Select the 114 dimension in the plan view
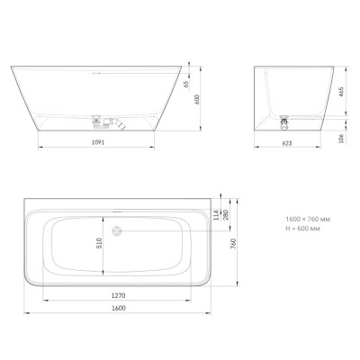[215, 212]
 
